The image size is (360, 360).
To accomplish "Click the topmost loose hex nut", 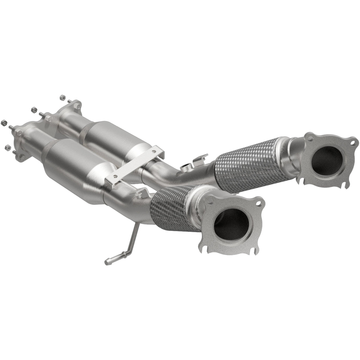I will click(62, 97).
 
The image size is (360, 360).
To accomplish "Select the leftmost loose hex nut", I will click(4, 122).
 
